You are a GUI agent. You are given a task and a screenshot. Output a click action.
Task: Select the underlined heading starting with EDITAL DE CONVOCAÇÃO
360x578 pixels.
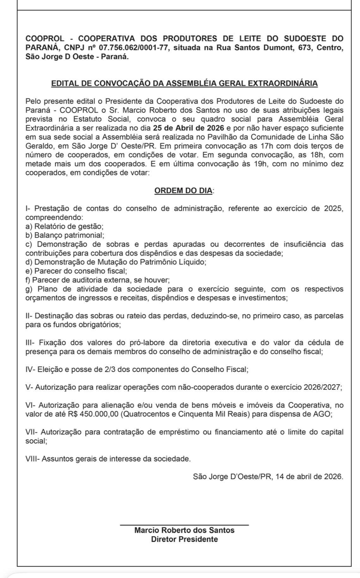coord(184,83)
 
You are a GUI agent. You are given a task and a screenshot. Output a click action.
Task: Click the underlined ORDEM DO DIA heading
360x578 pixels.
coord(183,191)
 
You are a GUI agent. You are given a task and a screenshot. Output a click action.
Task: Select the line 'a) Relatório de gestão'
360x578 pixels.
coord(64,226)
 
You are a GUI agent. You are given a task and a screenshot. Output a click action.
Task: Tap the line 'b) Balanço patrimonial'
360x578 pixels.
coord(65,235)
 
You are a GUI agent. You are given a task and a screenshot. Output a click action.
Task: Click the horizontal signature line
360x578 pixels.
coord(184,525)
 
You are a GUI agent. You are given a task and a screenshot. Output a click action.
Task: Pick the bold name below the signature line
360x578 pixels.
coord(184,530)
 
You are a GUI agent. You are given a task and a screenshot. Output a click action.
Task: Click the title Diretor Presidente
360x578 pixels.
coord(184,539)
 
